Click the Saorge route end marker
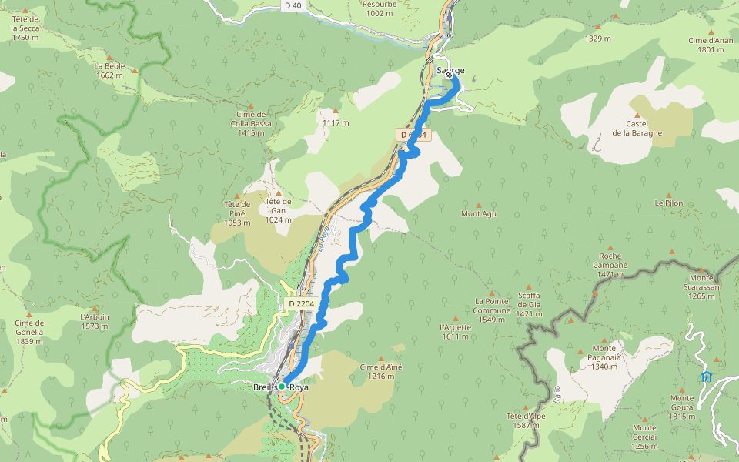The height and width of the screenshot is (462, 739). (x=449, y=75)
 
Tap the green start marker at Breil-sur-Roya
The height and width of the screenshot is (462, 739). (x=282, y=386)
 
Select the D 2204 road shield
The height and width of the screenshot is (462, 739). (x=301, y=304)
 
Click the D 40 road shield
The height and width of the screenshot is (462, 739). (x=293, y=5)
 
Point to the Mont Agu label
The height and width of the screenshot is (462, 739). (x=478, y=213)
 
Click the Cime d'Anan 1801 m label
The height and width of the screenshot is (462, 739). (x=711, y=45)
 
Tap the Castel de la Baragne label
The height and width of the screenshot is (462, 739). (x=637, y=128)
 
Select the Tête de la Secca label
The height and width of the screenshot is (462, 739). (x=25, y=28)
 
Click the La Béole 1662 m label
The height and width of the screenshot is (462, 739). (x=109, y=71)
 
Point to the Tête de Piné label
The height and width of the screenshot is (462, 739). (x=238, y=213)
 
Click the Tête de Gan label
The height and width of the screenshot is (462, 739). (x=278, y=210)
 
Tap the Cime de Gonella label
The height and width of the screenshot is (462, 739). (x=28, y=332)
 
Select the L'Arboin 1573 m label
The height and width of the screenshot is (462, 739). (x=95, y=321)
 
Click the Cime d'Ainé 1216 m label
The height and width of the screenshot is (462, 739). (x=381, y=371)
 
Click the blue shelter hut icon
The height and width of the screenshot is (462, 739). (x=706, y=377)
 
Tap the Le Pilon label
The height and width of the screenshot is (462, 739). (x=669, y=203)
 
